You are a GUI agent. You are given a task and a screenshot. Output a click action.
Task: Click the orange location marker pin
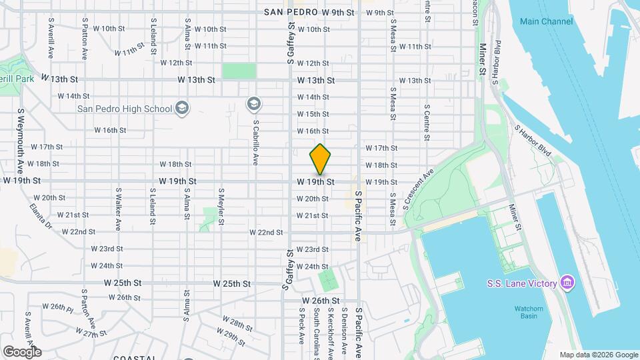click(320, 159)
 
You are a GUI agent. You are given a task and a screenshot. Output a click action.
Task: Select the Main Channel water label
click(546, 21)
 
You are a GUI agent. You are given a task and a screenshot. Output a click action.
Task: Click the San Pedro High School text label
click(125, 109)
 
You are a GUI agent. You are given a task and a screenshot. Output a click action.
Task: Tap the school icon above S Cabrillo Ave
click(253, 103)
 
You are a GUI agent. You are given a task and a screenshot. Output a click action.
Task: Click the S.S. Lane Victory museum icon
click(567, 283)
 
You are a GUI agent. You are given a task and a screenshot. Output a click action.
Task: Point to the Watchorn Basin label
click(531, 313)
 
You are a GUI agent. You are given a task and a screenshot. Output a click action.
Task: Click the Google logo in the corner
click(22, 351)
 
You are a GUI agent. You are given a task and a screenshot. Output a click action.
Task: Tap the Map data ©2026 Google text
click(598, 355)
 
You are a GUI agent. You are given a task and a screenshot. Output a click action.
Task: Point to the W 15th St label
click(313, 114)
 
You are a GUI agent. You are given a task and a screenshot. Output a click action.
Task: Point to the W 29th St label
click(234, 338)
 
